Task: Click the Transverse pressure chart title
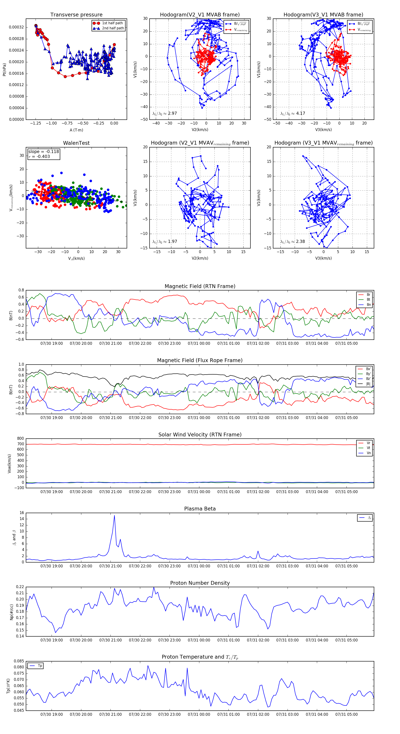(x=76, y=15)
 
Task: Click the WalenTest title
(x=76, y=143)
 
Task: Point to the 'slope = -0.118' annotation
(x=44, y=152)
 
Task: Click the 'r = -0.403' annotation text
(x=39, y=156)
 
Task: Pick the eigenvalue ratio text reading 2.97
(x=164, y=113)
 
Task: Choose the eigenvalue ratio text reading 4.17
(x=293, y=113)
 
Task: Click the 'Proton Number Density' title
(x=200, y=583)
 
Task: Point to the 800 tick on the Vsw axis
(x=20, y=439)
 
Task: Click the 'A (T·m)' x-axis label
(x=76, y=130)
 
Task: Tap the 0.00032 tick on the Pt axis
(x=16, y=27)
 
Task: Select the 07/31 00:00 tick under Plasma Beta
(x=199, y=566)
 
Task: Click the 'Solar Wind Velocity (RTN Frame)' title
(x=200, y=435)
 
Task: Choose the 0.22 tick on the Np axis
(x=20, y=587)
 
